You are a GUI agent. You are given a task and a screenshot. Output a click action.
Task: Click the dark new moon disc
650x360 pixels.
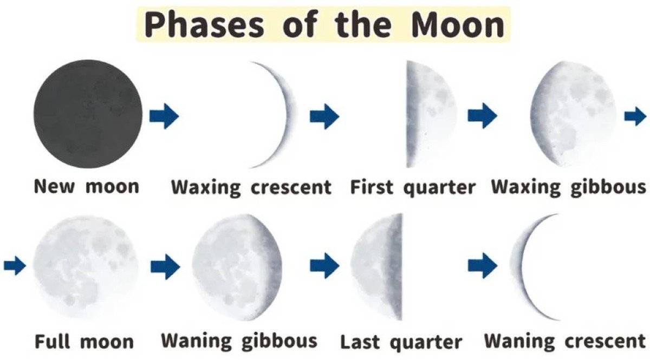click(x=88, y=114)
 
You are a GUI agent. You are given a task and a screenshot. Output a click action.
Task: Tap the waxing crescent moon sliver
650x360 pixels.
click(x=287, y=115)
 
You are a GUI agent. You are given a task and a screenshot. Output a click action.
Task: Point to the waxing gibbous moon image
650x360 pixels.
click(x=573, y=114)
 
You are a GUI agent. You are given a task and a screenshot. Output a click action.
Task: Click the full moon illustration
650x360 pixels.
click(x=86, y=267)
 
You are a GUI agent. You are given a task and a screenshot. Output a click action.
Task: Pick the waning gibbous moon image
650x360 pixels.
click(x=237, y=267)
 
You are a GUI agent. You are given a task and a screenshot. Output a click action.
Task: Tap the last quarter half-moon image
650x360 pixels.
click(x=377, y=266)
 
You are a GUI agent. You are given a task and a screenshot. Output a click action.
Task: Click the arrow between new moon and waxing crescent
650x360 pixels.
click(x=164, y=116)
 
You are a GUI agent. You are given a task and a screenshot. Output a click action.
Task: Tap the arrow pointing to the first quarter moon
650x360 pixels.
click(x=324, y=116)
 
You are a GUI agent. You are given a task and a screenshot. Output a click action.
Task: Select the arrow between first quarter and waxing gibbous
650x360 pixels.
click(x=482, y=115)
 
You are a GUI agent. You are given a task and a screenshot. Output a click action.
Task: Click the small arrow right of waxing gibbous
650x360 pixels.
click(x=635, y=116)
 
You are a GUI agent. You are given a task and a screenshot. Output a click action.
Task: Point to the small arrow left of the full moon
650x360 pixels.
click(x=15, y=266)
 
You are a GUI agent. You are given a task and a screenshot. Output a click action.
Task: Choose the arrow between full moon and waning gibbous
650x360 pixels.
click(x=165, y=266)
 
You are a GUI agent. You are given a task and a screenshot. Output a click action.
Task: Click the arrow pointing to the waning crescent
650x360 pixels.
click(x=483, y=266)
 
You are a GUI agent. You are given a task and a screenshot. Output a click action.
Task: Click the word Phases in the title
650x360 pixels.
click(x=204, y=25)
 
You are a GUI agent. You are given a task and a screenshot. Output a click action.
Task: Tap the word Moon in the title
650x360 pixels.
click(x=458, y=25)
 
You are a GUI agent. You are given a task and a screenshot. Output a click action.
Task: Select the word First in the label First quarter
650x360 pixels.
click(x=372, y=187)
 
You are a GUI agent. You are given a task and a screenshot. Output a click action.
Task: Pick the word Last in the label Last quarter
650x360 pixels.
click(x=360, y=342)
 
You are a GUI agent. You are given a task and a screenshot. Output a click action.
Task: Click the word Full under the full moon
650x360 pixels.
click(x=53, y=342)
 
